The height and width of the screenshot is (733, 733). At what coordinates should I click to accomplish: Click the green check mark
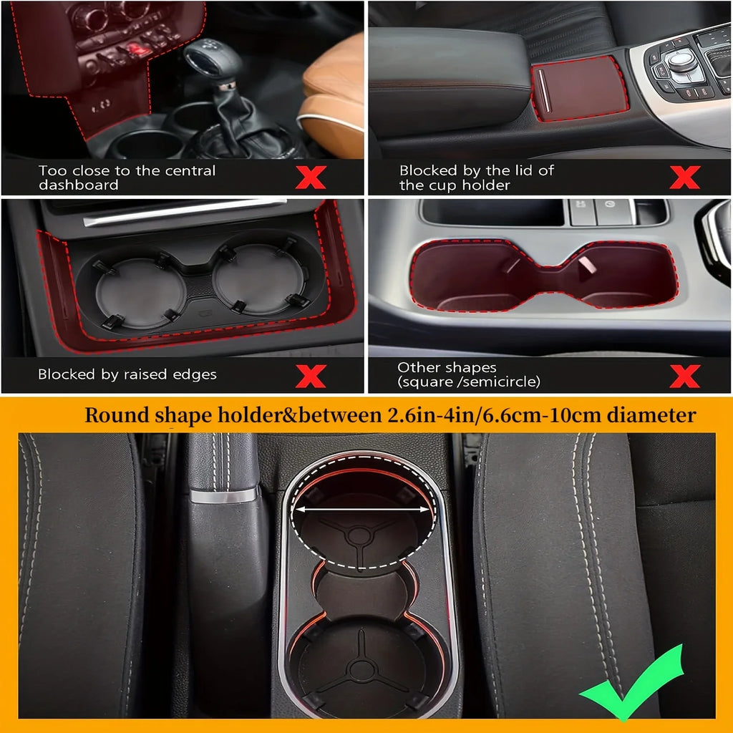[x=634, y=683]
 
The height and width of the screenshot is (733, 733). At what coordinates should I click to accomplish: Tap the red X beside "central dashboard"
[x=310, y=177]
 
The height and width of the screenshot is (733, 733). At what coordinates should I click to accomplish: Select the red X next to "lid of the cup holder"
[x=684, y=177]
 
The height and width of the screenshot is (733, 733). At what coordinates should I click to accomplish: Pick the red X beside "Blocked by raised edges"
[x=310, y=375]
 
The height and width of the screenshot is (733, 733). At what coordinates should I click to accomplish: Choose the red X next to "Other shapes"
[x=684, y=375]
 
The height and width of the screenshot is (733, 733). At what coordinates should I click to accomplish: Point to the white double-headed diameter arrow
[x=364, y=510]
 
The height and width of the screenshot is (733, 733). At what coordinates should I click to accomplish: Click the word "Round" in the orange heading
[x=112, y=416]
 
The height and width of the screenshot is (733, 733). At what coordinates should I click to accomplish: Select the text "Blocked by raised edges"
[x=127, y=374]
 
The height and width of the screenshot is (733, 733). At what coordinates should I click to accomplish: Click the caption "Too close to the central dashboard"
[x=127, y=178]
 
